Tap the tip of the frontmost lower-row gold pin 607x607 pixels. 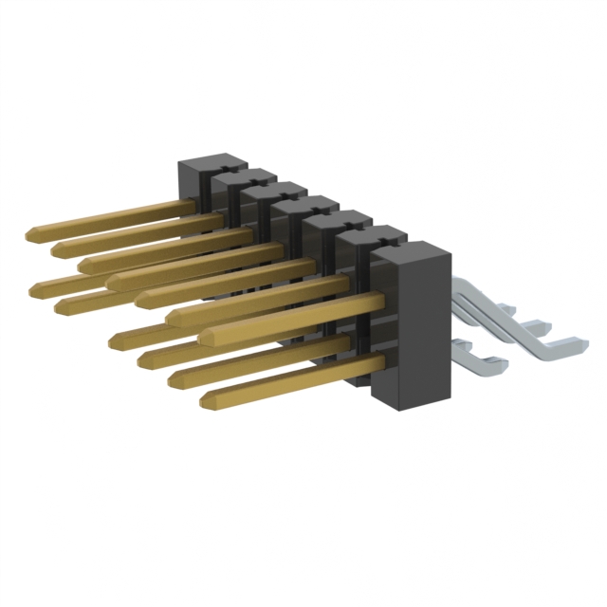(206, 401)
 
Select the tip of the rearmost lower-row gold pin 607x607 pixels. (35, 288)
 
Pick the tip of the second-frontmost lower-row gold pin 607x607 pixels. (175, 380)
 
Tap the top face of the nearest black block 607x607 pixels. (410, 248)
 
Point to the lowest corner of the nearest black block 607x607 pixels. (395, 410)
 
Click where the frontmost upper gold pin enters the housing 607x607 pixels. (379, 302)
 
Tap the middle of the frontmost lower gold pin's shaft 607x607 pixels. (294, 380)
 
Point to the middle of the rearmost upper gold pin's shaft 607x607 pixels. (109, 217)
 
